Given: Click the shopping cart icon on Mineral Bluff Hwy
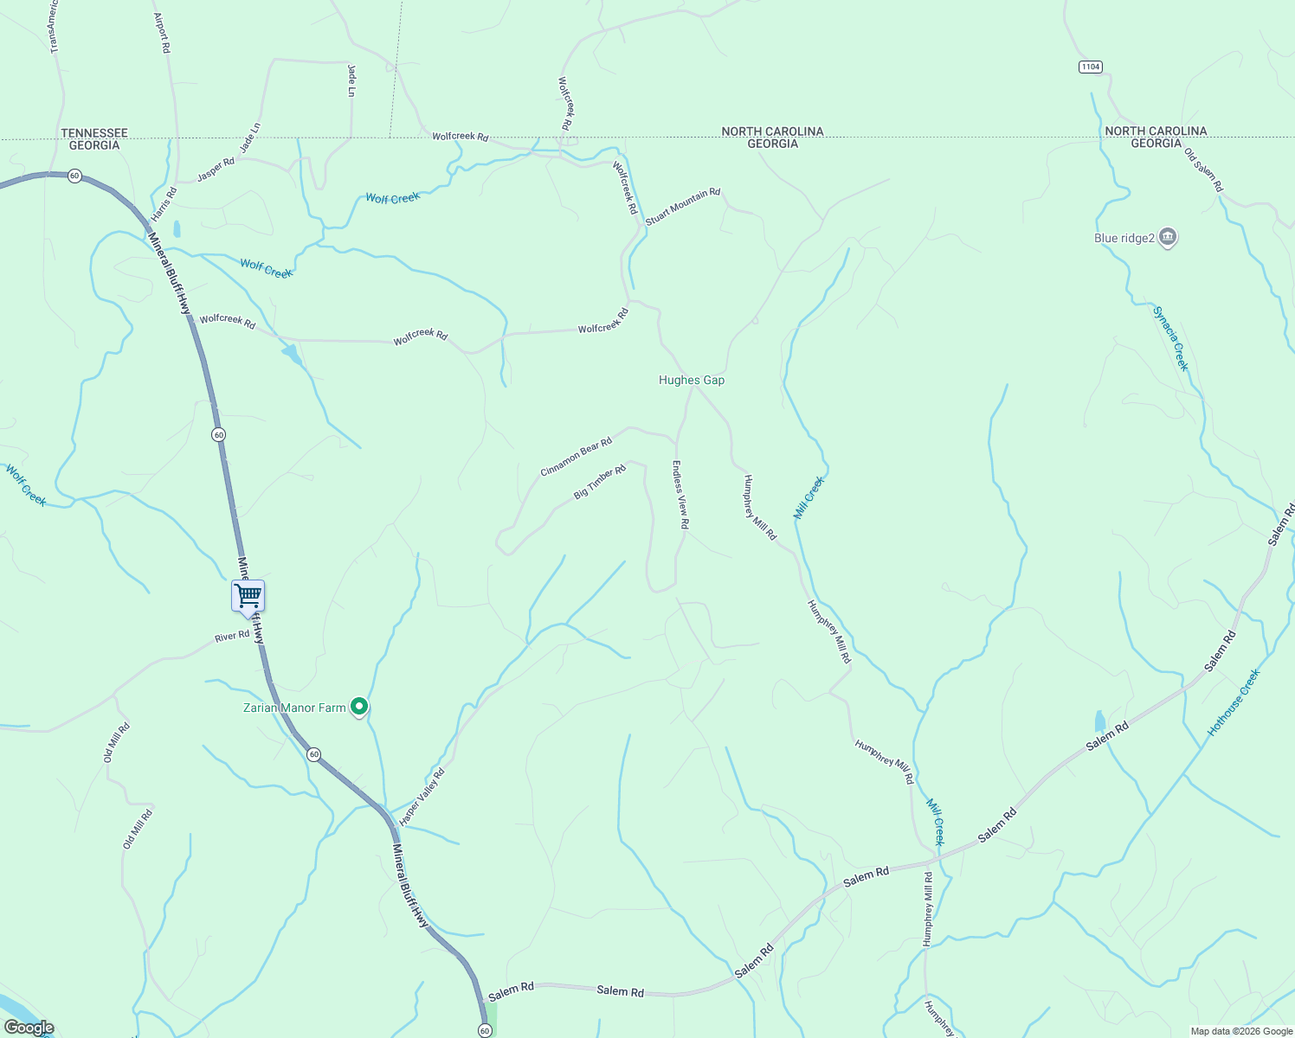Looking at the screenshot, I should [x=248, y=595].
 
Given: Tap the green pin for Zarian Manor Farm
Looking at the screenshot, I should [x=359, y=707].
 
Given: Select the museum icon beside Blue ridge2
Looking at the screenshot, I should [x=1168, y=237].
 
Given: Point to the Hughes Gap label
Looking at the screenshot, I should [x=692, y=380].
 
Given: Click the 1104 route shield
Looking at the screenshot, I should [x=1091, y=67].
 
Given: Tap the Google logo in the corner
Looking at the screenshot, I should [x=29, y=1028].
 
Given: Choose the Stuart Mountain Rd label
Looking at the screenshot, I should [x=683, y=207].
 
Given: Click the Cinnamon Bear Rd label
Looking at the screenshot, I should [x=577, y=456].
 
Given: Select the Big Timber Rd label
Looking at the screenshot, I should [x=600, y=483].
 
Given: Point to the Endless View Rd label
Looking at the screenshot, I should [x=681, y=494].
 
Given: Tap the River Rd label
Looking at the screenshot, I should [x=232, y=637].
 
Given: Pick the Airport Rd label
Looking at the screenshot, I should [x=162, y=33].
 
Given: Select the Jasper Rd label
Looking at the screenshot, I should [x=216, y=170].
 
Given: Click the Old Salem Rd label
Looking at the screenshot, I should [x=1204, y=170].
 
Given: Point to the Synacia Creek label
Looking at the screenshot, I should [x=1171, y=338].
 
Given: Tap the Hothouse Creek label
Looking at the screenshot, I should [x=1234, y=702].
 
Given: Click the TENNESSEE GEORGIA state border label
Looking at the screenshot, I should [x=94, y=139].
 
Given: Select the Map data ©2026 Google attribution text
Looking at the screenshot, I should [x=1240, y=1030].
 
